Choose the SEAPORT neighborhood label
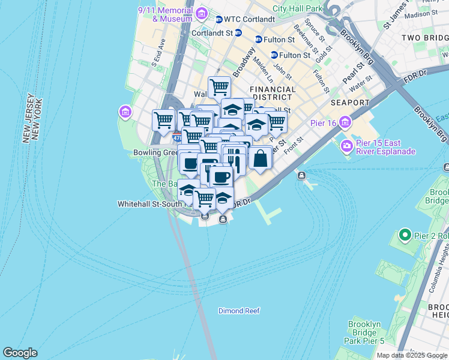[349, 103]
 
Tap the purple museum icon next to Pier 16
[345, 124]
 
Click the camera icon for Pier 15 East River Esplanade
[346, 146]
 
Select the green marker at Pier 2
[406, 235]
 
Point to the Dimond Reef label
[239, 311]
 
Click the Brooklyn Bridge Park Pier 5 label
[365, 332]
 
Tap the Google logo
[20, 353]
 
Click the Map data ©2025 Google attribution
[412, 355]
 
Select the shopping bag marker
[261, 158]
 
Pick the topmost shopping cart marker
[219, 87]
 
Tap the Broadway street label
[240, 62]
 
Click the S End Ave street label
[158, 51]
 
